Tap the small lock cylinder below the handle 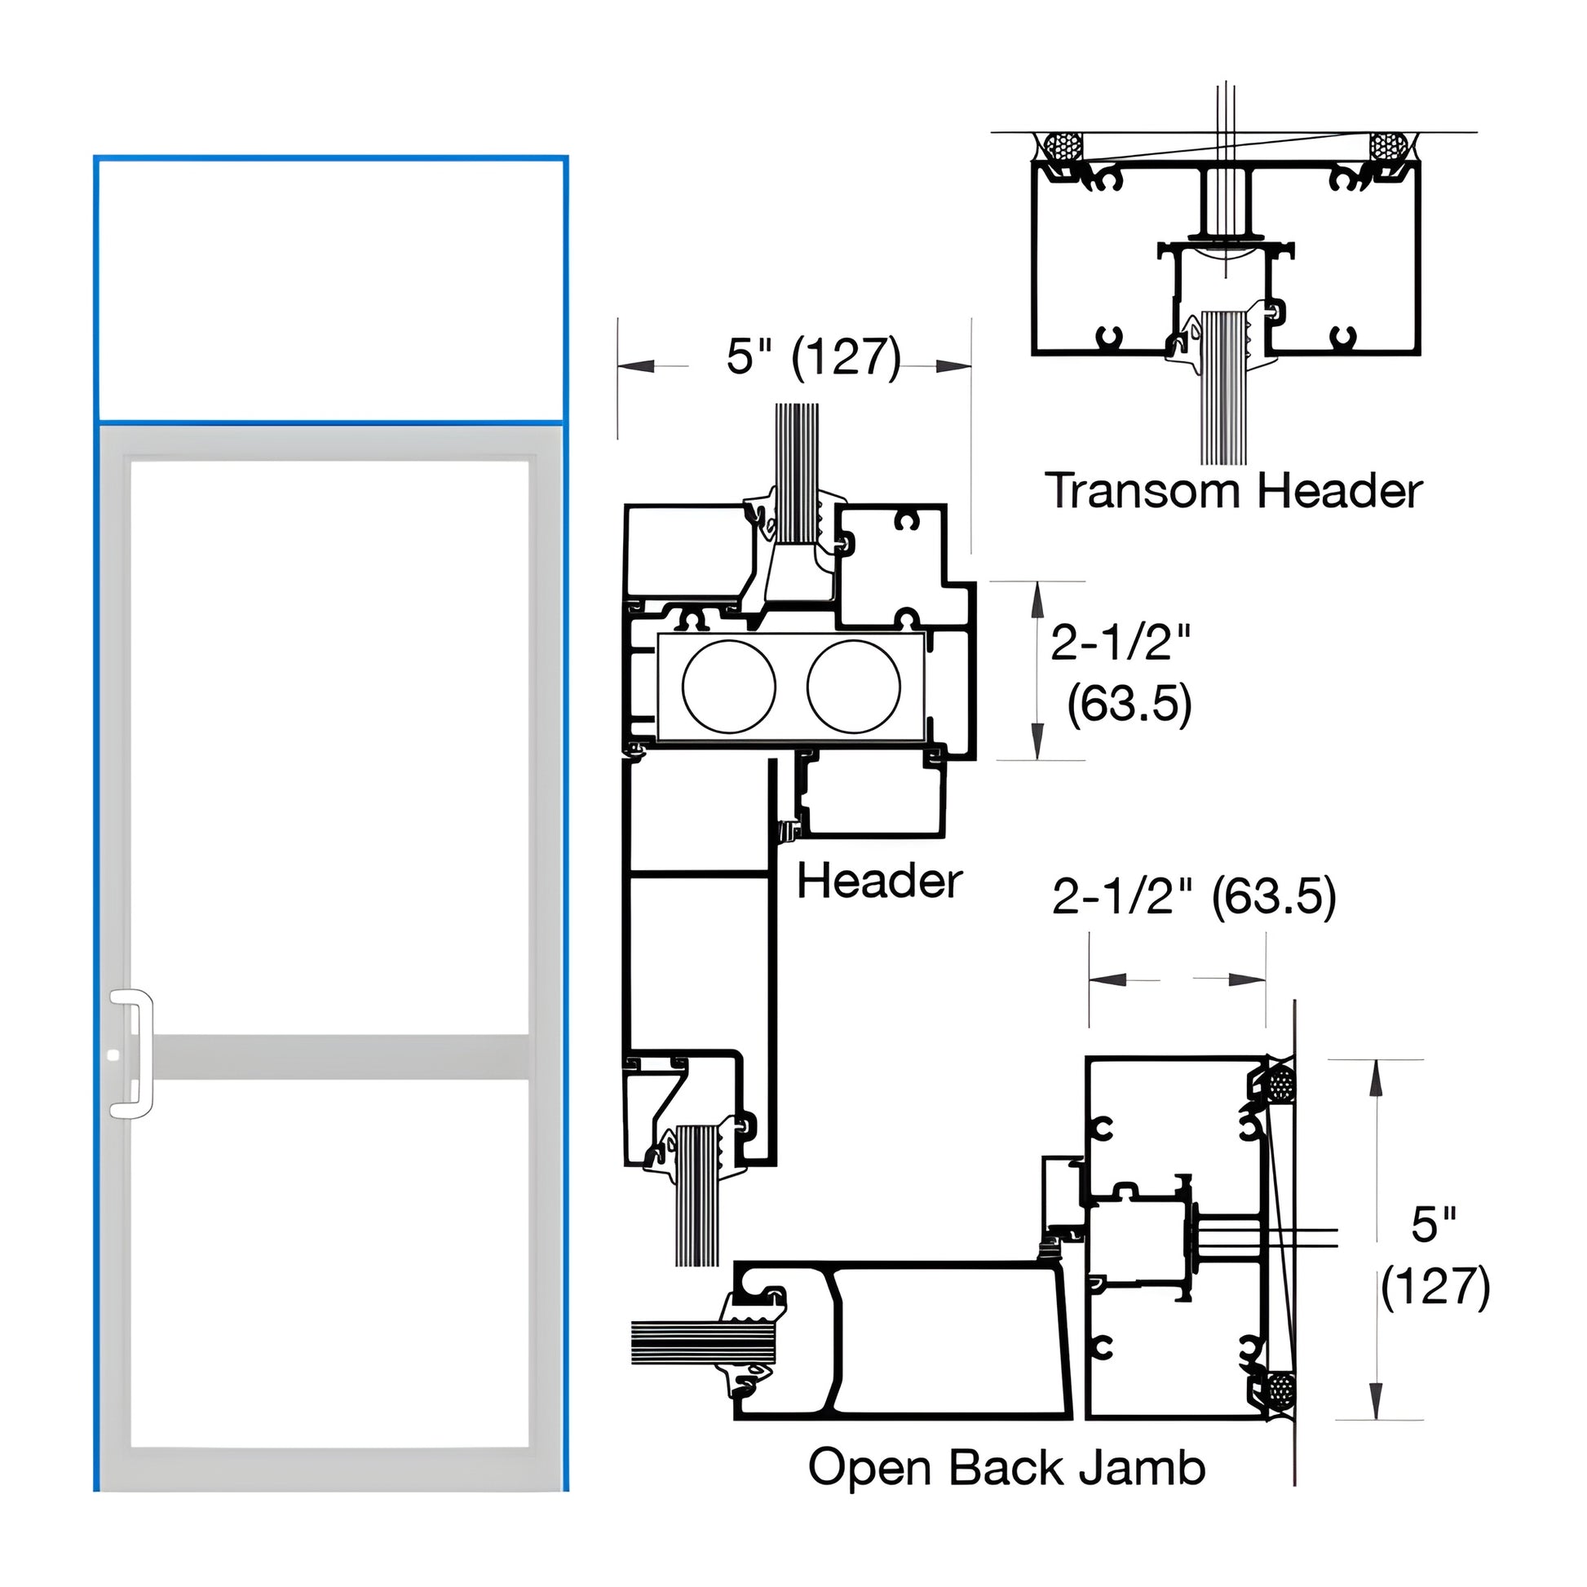[x=114, y=1055]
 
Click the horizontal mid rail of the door [x=340, y=1057]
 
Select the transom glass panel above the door [x=330, y=290]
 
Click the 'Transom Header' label [x=1233, y=491]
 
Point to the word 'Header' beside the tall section [x=879, y=882]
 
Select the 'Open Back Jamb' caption [x=1006, y=1468]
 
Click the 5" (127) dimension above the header [x=813, y=356]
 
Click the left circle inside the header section [x=728, y=687]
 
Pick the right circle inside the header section [x=854, y=687]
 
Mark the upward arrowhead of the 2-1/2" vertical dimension [x=1037, y=599]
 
